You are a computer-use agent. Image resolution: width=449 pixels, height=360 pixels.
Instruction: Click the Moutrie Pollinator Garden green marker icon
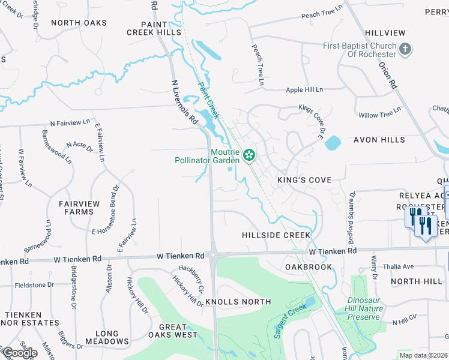click(x=249, y=156)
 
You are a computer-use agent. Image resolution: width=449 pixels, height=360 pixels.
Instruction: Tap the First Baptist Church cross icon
click(x=405, y=49)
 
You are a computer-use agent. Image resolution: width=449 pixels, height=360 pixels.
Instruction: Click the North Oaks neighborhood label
click(x=79, y=23)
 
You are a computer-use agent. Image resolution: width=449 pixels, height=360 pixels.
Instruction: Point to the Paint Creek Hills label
click(x=153, y=28)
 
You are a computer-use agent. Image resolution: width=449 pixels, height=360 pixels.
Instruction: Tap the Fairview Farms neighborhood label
click(x=79, y=208)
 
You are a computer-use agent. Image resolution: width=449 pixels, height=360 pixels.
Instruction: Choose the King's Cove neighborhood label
click(x=304, y=180)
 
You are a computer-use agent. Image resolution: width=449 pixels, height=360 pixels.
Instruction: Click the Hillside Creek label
click(x=276, y=235)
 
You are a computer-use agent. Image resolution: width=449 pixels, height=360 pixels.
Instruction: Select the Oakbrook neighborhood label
click(x=309, y=266)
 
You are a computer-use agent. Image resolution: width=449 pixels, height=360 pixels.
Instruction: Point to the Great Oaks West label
click(x=173, y=331)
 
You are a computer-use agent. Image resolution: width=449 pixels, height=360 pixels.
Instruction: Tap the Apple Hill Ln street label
click(x=304, y=90)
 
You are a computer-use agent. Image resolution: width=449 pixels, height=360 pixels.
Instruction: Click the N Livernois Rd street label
click(x=185, y=103)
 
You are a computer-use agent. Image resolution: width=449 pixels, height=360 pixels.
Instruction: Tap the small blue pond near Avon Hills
click(x=332, y=143)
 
